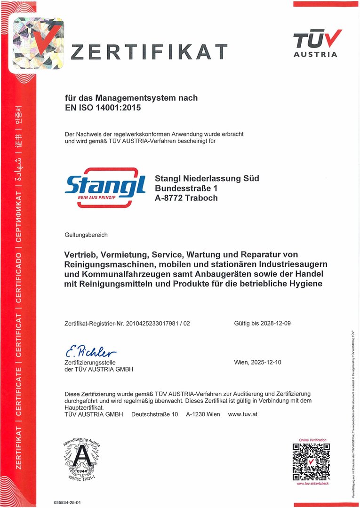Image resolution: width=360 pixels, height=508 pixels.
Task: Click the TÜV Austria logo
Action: pyautogui.click(x=316, y=43)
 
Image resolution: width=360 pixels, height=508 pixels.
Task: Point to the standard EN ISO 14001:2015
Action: pyautogui.click(x=103, y=107)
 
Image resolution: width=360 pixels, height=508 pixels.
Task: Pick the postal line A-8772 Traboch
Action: pyautogui.click(x=186, y=198)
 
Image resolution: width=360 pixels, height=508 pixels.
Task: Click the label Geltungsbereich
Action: pyautogui.click(x=86, y=234)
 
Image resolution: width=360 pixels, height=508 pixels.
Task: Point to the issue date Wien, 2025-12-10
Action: pyautogui.click(x=257, y=363)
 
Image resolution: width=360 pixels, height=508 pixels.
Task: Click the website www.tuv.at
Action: pyautogui.click(x=242, y=414)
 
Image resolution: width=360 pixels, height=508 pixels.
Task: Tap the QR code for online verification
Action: pyautogui.click(x=311, y=461)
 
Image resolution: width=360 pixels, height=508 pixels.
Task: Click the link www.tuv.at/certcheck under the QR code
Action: pyautogui.click(x=312, y=484)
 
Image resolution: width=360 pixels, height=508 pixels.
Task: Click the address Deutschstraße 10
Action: pyautogui.click(x=154, y=414)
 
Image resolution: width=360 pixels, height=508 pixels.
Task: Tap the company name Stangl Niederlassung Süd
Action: pyautogui.click(x=207, y=178)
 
